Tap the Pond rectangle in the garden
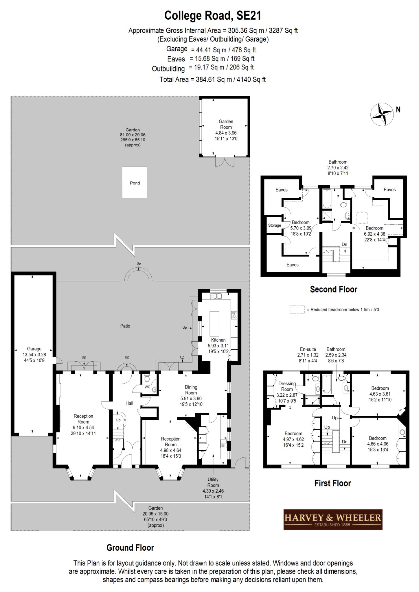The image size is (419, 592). (135, 183)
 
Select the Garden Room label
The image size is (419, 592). (226, 124)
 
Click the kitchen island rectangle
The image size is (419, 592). (214, 323)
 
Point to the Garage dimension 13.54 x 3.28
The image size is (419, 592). (34, 355)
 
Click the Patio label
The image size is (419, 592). (125, 326)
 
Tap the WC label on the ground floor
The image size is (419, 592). (147, 386)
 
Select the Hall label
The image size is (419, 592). (129, 403)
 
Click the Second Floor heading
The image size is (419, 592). (333, 289)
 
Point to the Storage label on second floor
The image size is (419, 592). (274, 225)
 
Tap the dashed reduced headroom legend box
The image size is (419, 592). (297, 309)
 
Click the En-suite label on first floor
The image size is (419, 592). (308, 349)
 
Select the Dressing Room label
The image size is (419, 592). (287, 386)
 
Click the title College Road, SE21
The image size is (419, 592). (213, 16)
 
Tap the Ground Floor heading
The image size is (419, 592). (130, 547)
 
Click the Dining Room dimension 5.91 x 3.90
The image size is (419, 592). (191, 398)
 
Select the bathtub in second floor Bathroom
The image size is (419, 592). (327, 199)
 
